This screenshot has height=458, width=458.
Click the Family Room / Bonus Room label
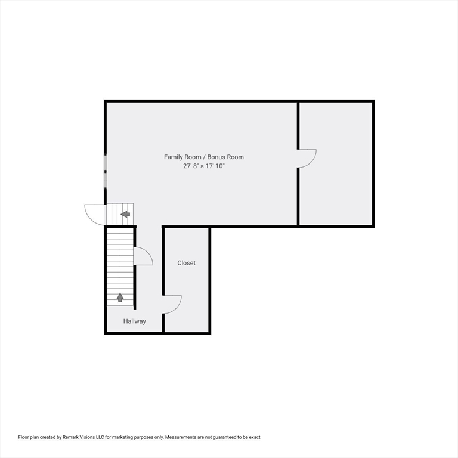pos(204,157)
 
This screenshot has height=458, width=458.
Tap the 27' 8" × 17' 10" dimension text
pos(204,166)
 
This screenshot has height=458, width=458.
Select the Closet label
pos(186,263)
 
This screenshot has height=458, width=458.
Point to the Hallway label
pos(135,321)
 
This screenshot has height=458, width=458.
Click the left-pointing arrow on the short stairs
pos(125,214)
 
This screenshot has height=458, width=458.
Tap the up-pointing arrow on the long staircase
pos(120,298)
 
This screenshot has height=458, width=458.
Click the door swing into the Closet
pos(172,304)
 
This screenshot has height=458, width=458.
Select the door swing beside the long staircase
pos(143,256)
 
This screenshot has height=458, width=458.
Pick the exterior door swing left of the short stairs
pos(95,214)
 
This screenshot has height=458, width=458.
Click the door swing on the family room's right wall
pos(307,158)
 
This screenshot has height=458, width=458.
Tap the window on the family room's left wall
pos(106,171)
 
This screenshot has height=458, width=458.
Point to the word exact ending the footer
pos(253,437)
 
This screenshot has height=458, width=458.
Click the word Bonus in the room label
pos(216,157)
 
